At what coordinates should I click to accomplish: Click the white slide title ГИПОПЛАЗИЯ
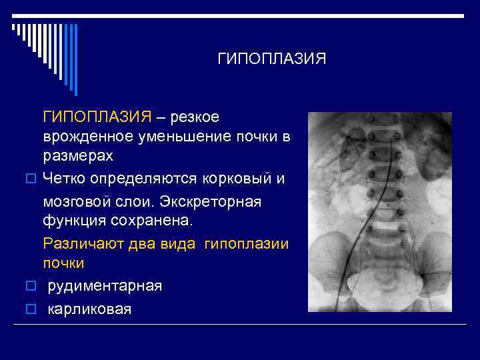[272, 59]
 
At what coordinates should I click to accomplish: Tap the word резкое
[195, 117]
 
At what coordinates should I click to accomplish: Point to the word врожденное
[90, 137]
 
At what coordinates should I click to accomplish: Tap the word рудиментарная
[105, 286]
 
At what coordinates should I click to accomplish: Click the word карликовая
[89, 309]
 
